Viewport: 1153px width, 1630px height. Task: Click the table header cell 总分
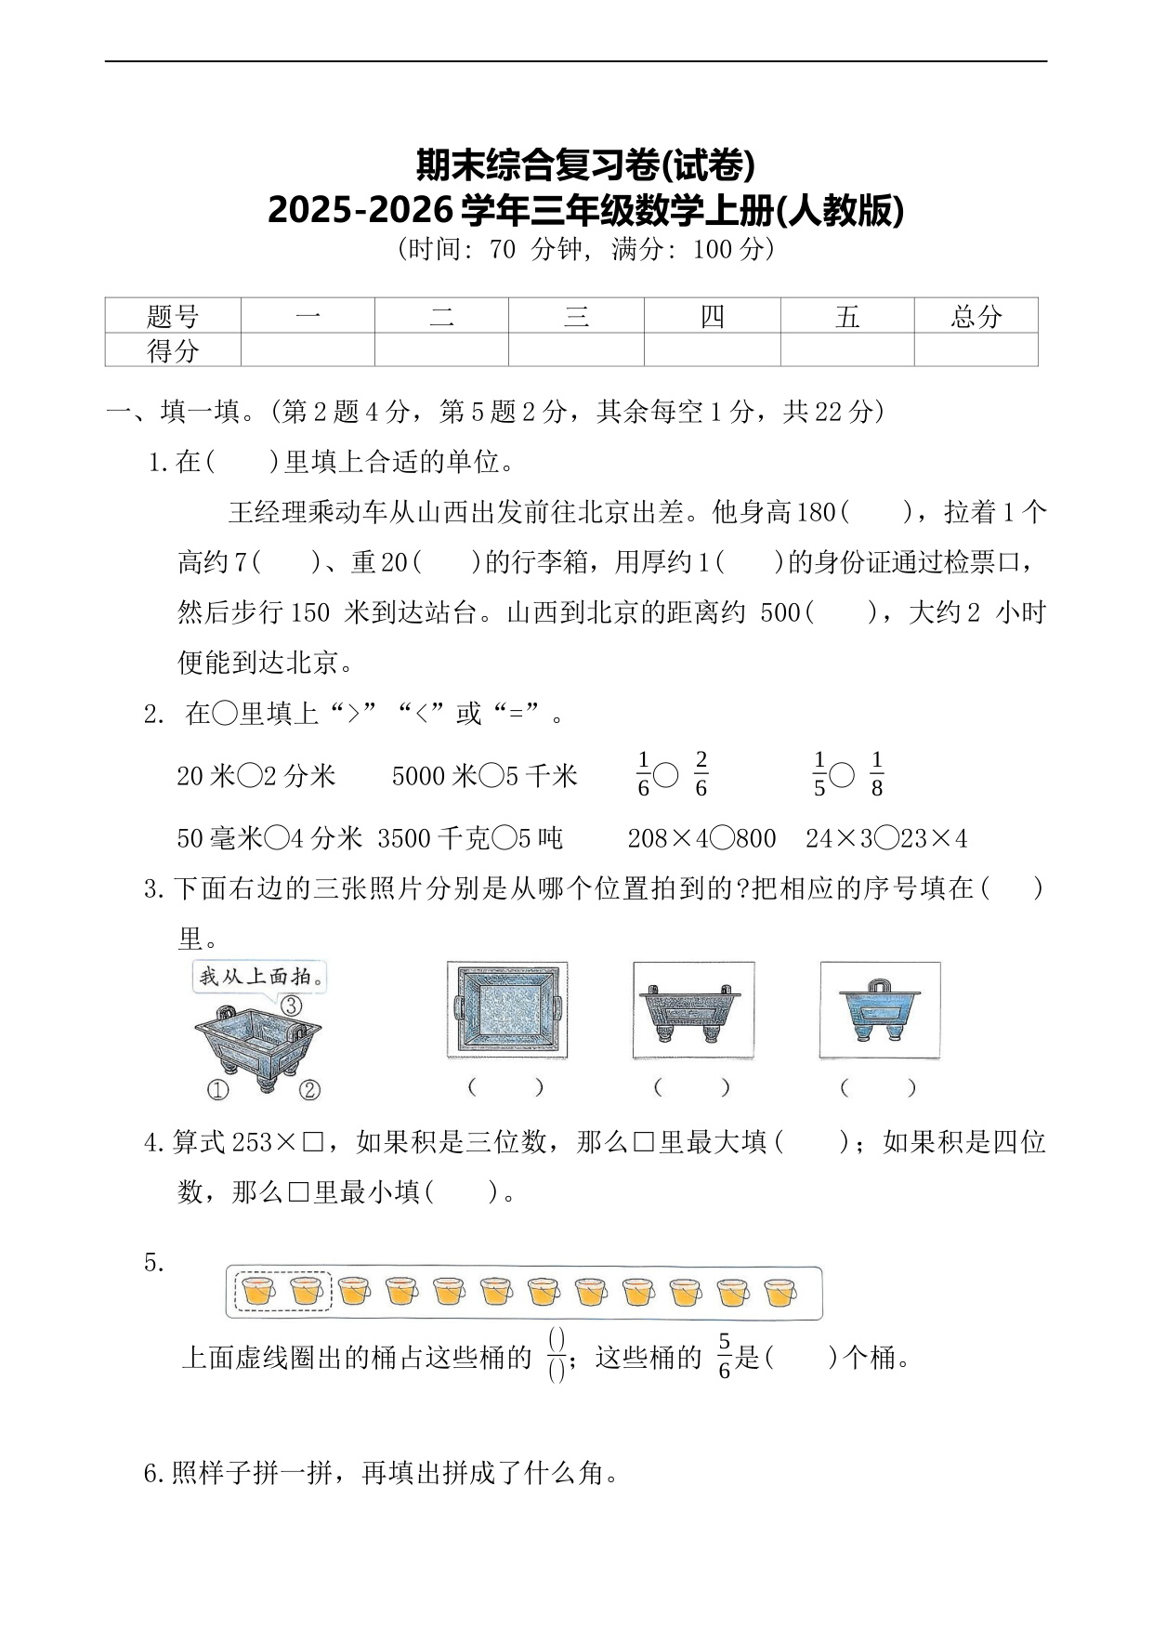(976, 317)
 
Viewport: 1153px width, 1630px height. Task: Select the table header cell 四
(712, 317)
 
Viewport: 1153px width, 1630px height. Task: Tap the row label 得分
(173, 350)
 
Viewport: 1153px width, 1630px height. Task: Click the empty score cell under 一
(308, 350)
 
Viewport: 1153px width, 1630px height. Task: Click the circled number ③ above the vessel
(290, 1005)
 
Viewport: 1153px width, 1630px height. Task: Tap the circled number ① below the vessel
(217, 1088)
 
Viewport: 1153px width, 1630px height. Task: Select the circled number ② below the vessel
(309, 1088)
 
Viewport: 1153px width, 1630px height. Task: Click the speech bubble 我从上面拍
(261, 977)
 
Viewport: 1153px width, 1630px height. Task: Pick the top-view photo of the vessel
(506, 1010)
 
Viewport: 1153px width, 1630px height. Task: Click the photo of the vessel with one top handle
(879, 1010)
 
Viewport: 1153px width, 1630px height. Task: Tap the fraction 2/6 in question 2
(701, 774)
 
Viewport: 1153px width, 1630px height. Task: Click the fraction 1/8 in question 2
(876, 774)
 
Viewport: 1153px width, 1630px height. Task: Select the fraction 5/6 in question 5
(724, 1359)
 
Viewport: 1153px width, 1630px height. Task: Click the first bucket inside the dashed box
(258, 1292)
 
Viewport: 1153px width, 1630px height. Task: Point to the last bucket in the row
(780, 1292)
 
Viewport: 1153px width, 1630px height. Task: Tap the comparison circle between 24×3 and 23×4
(886, 838)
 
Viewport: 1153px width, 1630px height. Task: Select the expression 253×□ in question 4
(278, 1142)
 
